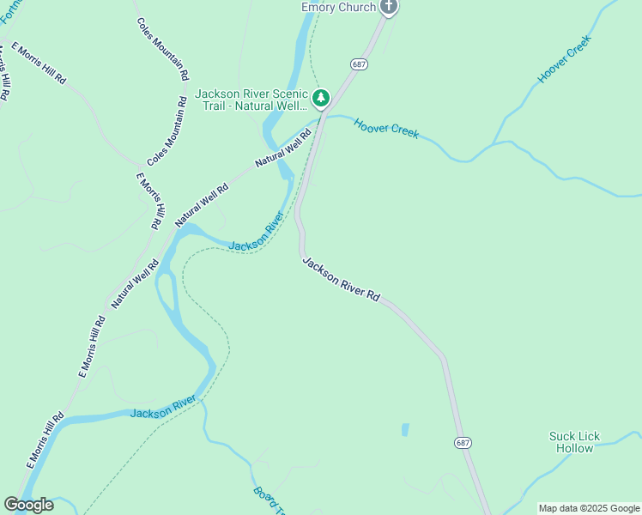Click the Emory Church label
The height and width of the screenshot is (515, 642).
338,7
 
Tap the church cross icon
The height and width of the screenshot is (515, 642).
389,7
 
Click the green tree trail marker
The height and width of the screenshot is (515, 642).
321,99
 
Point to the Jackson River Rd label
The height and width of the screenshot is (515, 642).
341,278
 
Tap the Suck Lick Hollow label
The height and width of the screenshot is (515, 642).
574,442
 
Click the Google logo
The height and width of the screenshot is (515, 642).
28,505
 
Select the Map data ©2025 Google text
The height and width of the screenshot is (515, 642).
589,508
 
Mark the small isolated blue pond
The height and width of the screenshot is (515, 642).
405,429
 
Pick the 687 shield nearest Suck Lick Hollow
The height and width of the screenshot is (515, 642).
463,442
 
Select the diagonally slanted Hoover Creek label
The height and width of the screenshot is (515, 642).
565,59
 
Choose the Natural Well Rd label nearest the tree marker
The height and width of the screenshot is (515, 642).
282,148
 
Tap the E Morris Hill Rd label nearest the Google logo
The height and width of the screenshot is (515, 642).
45,440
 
